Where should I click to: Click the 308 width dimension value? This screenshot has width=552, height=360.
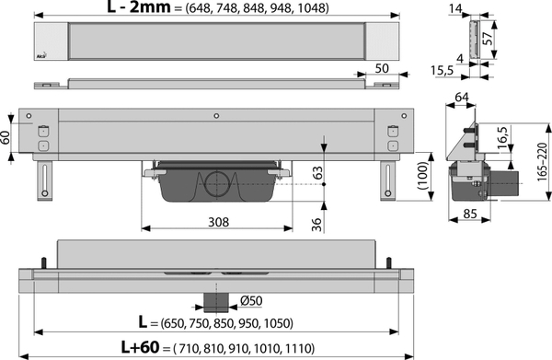tap(218, 222)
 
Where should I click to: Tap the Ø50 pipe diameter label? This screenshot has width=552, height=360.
tap(251, 300)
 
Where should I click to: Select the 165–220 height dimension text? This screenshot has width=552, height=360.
tap(542, 162)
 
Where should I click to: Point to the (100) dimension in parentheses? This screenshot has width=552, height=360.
tap(422, 176)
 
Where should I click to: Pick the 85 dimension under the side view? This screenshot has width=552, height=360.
tap(470, 214)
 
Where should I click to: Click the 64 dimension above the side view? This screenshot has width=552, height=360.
tap(462, 97)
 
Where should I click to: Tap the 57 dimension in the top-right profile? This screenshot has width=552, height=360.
tap(487, 38)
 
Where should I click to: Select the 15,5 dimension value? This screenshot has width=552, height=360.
tap(443, 71)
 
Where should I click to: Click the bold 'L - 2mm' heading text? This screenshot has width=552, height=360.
tap(139, 6)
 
